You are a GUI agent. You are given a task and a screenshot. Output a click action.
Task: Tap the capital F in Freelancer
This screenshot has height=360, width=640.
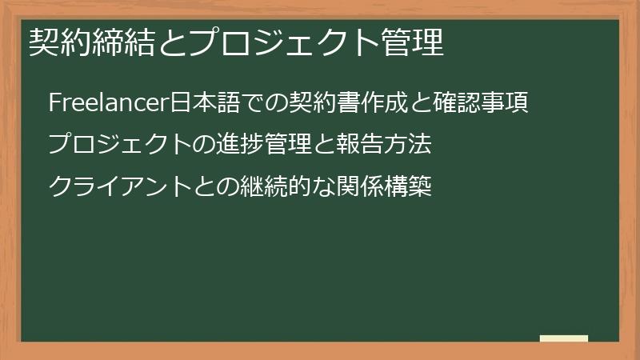click(x=54, y=103)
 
